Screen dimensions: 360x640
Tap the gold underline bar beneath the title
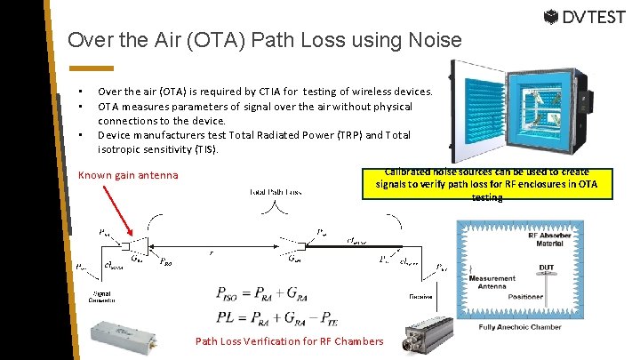point(92,68)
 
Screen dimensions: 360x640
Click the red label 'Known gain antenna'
point(128,175)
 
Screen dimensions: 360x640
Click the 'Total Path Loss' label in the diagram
point(276,192)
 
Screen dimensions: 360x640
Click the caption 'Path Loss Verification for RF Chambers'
point(290,341)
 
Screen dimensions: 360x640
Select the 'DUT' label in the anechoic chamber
point(547,268)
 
